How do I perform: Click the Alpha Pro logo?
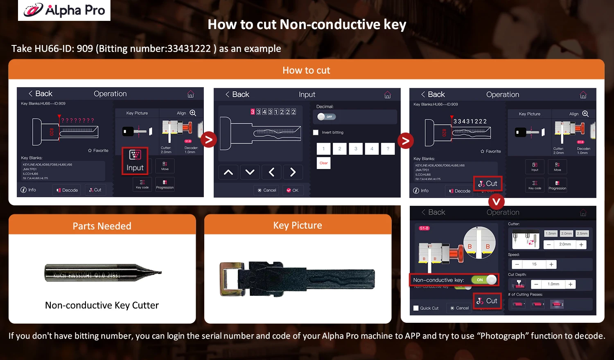coord(64,10)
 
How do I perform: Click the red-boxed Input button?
coord(135,161)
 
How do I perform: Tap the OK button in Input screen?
coord(293,190)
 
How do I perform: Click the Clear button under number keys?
coord(323,163)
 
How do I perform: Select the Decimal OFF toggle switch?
coord(326,117)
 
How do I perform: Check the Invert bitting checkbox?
coord(316,133)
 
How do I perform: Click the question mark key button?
coord(388,149)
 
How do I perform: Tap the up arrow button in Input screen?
coord(228,172)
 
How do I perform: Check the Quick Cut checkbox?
coord(416,308)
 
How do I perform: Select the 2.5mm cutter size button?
coord(582,234)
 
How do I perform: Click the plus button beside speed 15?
coord(551,265)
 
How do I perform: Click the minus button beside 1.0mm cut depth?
coord(536,284)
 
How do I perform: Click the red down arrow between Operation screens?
coord(496,202)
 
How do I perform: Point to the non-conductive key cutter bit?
coord(102,272)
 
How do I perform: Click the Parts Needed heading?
coord(102,226)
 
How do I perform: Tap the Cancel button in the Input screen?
coord(267,190)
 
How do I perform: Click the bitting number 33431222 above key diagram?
coord(470,122)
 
